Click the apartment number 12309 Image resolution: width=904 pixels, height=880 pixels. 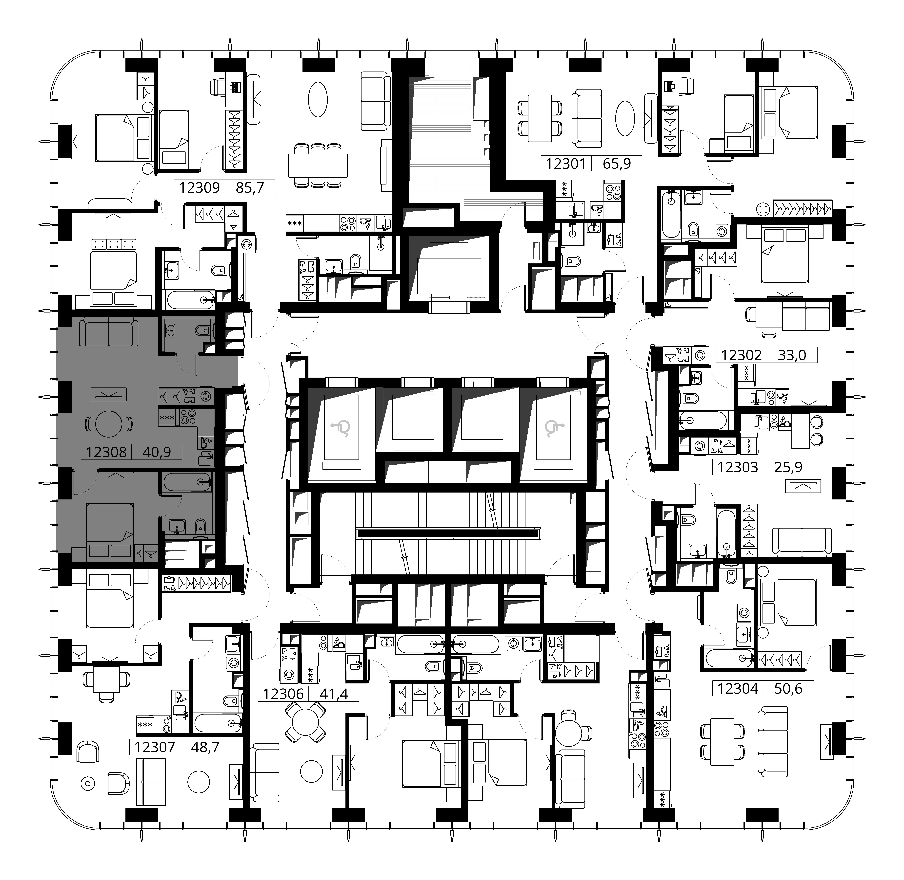[199, 188]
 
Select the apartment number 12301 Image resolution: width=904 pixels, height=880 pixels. [565, 164]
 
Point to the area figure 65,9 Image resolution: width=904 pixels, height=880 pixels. [617, 164]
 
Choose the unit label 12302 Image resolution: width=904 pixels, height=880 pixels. [741, 355]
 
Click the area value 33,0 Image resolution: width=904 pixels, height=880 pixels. [792, 355]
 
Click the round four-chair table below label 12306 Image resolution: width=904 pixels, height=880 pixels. [305, 721]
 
